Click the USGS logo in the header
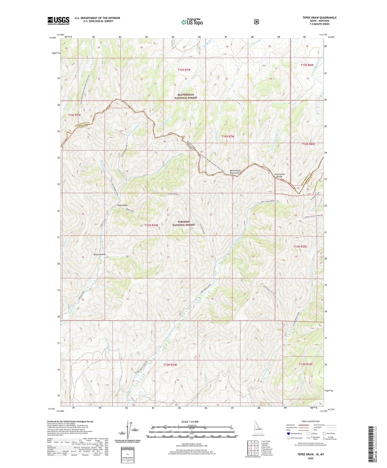tap(58, 20)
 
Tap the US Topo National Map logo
tap(191, 22)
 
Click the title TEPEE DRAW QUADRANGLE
tap(318, 18)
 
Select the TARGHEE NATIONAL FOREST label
tap(184, 223)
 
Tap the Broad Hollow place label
tap(100, 254)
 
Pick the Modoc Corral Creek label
tap(310, 216)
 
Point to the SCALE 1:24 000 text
tap(190, 422)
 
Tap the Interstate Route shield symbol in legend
tap(288, 433)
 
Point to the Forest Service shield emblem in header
tap(256, 21)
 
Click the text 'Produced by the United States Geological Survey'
tap(70, 421)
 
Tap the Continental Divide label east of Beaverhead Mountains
tap(279, 175)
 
